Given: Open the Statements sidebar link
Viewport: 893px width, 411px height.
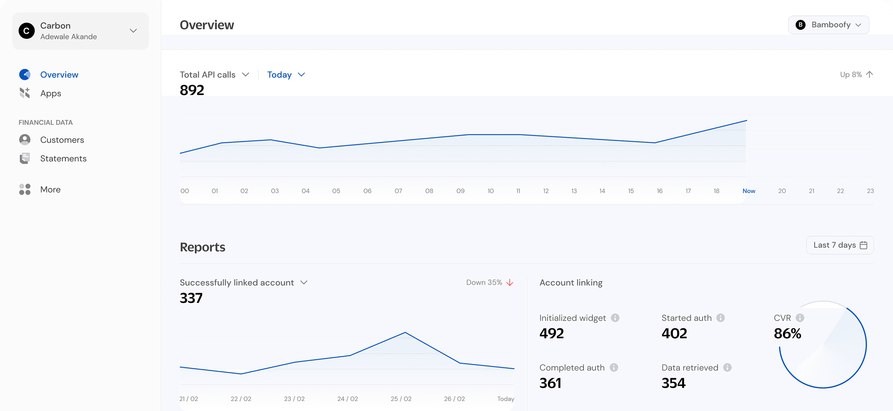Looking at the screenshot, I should tap(63, 158).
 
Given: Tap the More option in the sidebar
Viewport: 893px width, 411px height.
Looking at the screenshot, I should tap(50, 189).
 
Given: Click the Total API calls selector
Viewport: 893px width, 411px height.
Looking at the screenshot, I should tap(214, 74).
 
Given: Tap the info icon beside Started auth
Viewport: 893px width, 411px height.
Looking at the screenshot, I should tap(720, 318).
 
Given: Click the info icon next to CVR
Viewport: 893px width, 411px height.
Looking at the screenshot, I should tap(800, 318).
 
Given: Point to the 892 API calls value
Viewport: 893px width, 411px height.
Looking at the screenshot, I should tap(192, 90).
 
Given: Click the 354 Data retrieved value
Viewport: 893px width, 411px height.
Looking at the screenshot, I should tap(673, 383).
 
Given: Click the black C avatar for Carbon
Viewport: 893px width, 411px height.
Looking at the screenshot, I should tap(26, 31).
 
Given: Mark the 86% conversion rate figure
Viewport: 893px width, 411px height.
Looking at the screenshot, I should tap(787, 333).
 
